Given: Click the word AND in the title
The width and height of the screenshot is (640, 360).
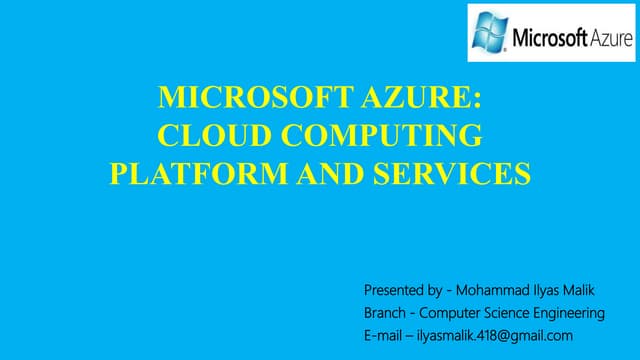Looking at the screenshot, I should click(306, 173).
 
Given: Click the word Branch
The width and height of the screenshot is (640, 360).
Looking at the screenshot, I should click(385, 313).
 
